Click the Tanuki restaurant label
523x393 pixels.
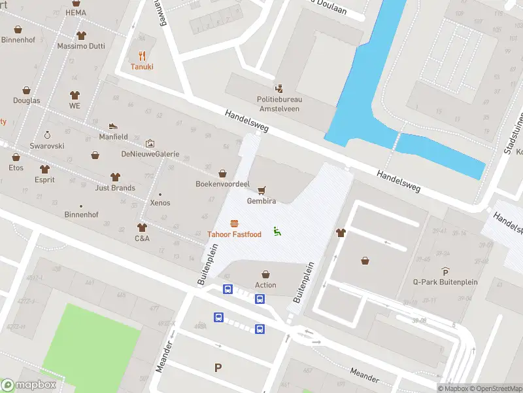click(x=142, y=67)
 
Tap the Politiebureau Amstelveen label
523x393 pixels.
click(x=278, y=103)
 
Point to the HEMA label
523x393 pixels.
click(x=76, y=12)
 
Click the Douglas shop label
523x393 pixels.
click(x=27, y=100)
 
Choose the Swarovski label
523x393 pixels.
click(x=47, y=145)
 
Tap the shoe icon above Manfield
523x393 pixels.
click(x=113, y=126)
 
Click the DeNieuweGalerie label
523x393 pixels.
click(x=150, y=154)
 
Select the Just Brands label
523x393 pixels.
click(x=115, y=188)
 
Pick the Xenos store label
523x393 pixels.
click(x=160, y=202)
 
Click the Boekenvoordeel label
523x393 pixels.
click(x=222, y=184)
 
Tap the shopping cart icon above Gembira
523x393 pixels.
click(x=261, y=191)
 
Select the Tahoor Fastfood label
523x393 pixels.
click(x=234, y=234)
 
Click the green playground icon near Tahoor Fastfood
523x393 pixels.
click(x=277, y=231)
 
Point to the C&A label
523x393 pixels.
click(x=142, y=238)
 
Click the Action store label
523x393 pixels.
click(x=265, y=285)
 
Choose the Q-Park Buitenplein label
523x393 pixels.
click(x=445, y=282)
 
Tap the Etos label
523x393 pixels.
click(x=16, y=168)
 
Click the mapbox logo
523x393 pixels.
click(x=29, y=384)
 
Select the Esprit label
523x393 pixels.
click(x=44, y=179)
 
